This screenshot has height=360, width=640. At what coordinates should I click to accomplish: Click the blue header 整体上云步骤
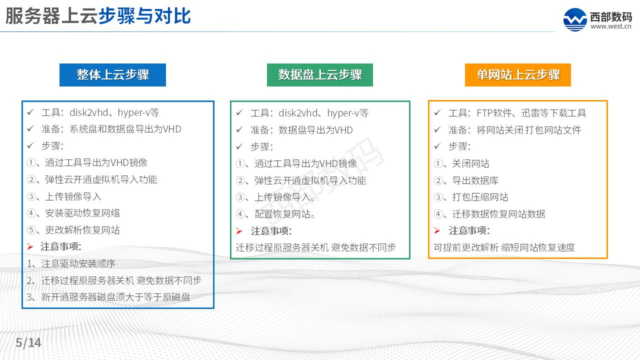coord(112,75)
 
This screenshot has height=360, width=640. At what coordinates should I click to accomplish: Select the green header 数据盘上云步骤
coord(320,75)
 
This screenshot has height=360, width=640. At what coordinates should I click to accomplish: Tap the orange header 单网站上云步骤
coord(517,75)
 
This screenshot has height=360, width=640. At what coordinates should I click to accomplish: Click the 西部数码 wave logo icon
coord(575,20)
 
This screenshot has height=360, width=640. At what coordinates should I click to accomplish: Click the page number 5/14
coord(28,343)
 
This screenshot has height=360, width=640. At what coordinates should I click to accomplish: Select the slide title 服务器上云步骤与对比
coord(98,16)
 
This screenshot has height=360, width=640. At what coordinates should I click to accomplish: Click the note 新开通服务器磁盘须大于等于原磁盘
coord(115,297)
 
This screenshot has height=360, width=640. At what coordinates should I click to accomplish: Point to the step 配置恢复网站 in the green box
coord(285,214)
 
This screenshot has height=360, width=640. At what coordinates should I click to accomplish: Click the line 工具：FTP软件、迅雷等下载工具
coord(517,113)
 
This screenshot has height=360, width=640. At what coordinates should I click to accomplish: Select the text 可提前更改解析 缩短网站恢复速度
coord(504,247)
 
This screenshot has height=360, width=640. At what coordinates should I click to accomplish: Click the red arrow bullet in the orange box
coord(437,230)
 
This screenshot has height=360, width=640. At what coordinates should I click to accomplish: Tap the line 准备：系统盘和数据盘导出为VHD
coord(111,129)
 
